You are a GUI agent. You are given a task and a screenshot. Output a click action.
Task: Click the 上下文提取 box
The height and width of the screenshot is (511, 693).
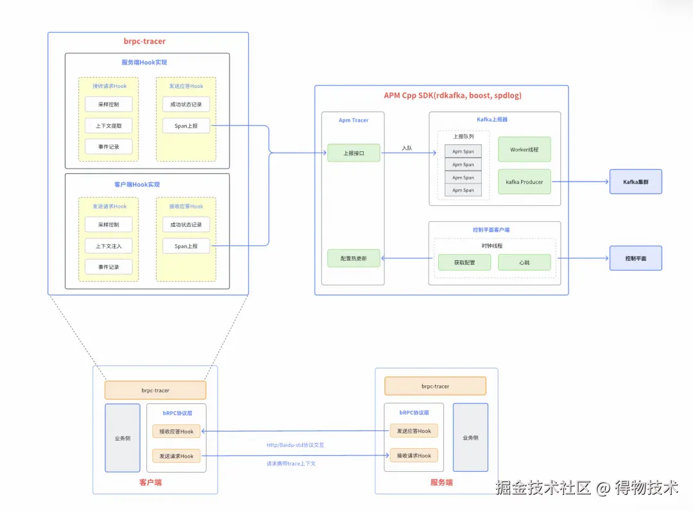click(x=108, y=125)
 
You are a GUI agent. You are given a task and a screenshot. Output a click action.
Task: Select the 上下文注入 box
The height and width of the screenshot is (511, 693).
click(x=108, y=246)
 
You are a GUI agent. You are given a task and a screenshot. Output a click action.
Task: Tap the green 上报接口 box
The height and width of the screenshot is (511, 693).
click(x=354, y=153)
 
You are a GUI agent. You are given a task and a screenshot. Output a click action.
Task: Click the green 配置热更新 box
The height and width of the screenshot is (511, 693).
click(x=354, y=258)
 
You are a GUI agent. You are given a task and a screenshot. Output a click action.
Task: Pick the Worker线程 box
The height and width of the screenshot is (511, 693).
click(x=524, y=149)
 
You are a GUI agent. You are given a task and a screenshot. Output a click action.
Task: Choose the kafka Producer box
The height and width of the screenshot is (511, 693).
click(x=524, y=182)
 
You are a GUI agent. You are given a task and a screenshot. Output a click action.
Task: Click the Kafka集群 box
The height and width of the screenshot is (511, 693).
click(x=635, y=182)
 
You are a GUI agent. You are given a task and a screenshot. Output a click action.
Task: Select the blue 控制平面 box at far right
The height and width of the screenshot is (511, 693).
click(x=635, y=258)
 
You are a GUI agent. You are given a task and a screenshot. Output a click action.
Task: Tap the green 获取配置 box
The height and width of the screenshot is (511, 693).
click(x=464, y=262)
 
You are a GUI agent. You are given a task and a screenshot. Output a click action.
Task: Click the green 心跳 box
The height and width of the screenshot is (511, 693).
click(x=524, y=262)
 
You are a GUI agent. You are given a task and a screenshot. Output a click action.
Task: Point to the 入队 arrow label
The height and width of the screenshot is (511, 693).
click(x=407, y=148)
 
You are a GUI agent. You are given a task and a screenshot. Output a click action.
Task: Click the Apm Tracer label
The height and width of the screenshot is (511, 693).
click(x=354, y=120)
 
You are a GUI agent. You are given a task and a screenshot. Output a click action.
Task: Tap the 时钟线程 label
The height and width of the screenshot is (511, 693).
click(x=492, y=246)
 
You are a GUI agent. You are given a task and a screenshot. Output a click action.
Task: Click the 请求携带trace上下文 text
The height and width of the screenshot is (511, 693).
click(x=291, y=464)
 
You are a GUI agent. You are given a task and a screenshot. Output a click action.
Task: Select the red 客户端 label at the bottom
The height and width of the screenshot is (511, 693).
click(x=150, y=482)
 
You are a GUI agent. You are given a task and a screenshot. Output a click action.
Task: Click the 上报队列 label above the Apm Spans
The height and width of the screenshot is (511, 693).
click(x=463, y=137)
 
